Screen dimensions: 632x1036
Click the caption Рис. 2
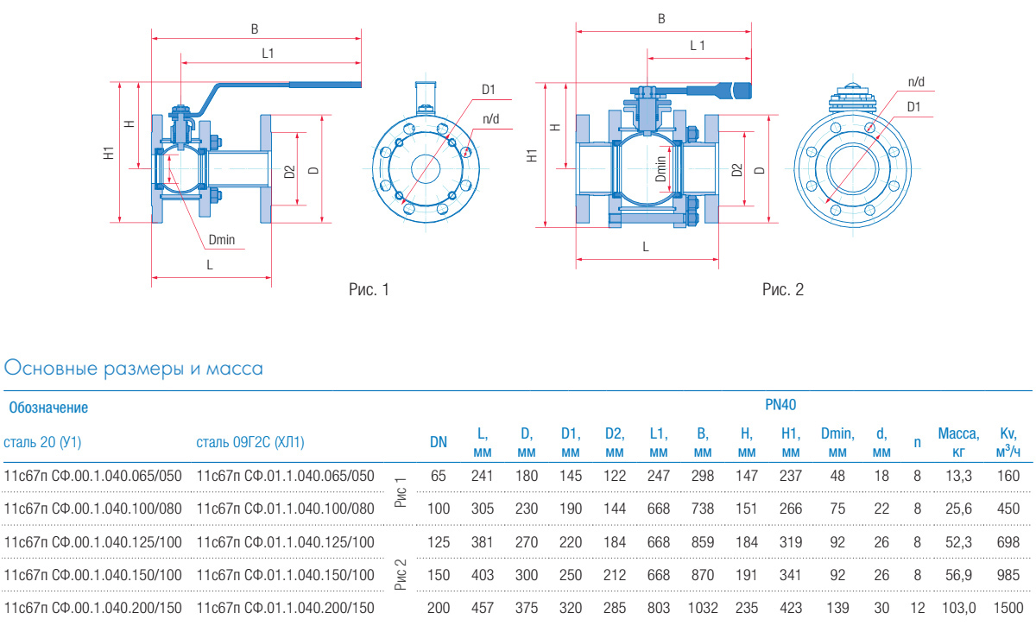[x=783, y=290]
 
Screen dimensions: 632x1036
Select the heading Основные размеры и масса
[x=134, y=369]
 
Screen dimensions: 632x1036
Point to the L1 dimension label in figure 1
[x=268, y=54]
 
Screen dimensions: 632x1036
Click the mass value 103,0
[x=958, y=608]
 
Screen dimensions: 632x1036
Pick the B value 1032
[x=703, y=608]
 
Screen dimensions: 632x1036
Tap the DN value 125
[x=439, y=542]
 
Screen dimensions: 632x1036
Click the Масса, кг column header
[x=958, y=442]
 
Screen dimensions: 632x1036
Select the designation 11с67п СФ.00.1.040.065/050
[x=93, y=476]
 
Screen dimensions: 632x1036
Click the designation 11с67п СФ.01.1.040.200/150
[x=286, y=608]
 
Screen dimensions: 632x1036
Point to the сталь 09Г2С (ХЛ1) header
[x=250, y=443]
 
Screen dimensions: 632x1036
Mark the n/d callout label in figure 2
[x=916, y=82]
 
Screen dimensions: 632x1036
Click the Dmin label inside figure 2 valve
[x=660, y=167]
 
